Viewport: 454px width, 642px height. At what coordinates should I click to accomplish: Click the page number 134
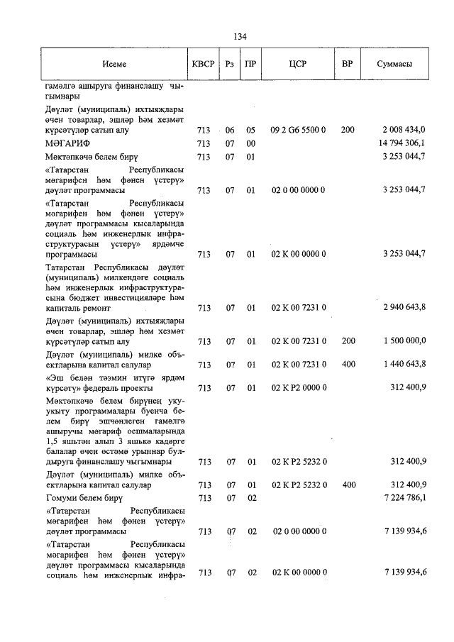pos(239,38)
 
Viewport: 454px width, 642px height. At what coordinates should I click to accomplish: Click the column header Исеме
pos(113,65)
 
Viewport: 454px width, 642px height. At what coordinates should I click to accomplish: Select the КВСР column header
pos(202,65)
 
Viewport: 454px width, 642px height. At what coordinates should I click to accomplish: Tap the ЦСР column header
pos(297,65)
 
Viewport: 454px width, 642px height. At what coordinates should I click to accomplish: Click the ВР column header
pos(347,65)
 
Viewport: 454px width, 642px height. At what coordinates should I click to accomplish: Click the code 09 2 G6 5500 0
pos(298,131)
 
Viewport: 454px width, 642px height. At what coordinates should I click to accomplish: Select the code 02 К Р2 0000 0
pos(298,388)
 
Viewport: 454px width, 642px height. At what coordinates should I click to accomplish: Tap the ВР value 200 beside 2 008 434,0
pos(348,131)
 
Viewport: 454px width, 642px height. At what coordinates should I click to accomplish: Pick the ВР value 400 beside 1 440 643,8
pos(348,365)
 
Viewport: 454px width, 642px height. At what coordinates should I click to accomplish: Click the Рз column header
pos(229,65)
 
